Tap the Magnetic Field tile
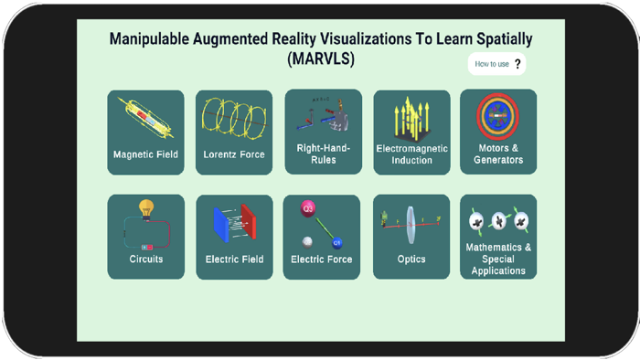145,132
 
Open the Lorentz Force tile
234,132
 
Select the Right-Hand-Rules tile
323,132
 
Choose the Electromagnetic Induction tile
411,132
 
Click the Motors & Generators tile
498,132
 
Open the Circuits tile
145,237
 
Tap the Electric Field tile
234,237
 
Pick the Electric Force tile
322,237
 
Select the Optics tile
411,237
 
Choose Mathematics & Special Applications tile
498,237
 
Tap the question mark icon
517,64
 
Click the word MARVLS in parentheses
320,59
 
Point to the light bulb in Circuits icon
145,208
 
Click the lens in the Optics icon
411,222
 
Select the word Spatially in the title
499,39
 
